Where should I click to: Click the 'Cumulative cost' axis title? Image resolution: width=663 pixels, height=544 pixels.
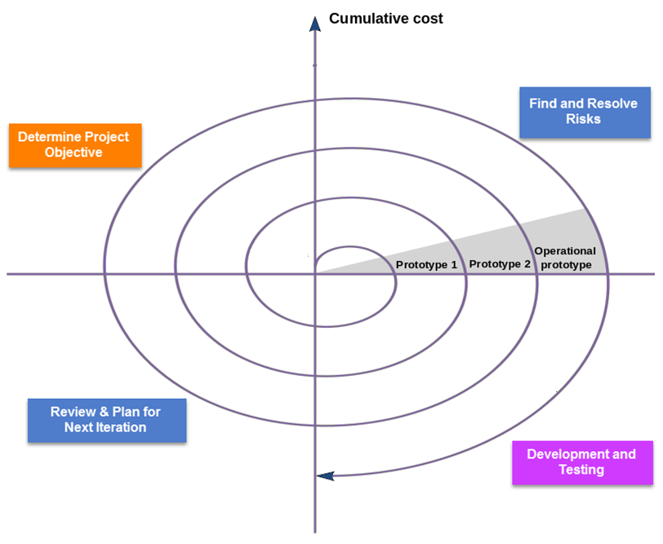pyautogui.click(x=385, y=18)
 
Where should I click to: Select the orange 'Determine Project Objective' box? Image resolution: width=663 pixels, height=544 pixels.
pyautogui.click(x=74, y=145)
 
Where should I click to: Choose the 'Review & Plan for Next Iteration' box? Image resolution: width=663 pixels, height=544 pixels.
pyautogui.click(x=105, y=420)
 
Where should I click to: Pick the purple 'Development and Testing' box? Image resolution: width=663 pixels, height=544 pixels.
pyautogui.click(x=581, y=462)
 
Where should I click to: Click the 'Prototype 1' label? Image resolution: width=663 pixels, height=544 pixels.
pyautogui.click(x=426, y=264)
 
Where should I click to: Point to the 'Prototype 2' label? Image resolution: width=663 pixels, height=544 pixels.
pyautogui.click(x=500, y=264)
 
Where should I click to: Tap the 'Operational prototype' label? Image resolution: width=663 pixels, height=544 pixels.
pyautogui.click(x=565, y=258)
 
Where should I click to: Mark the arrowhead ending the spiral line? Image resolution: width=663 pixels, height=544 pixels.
pyautogui.click(x=325, y=475)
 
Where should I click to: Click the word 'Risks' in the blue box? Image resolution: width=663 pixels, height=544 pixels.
pyautogui.click(x=583, y=119)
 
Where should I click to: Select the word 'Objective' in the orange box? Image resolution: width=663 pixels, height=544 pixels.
pyautogui.click(x=73, y=153)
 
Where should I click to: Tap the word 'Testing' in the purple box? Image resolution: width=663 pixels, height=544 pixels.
pyautogui.click(x=581, y=470)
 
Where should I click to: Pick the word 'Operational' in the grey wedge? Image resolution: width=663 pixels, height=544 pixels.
pyautogui.click(x=565, y=251)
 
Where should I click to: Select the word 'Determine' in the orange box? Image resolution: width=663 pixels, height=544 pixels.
pyautogui.click(x=48, y=137)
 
